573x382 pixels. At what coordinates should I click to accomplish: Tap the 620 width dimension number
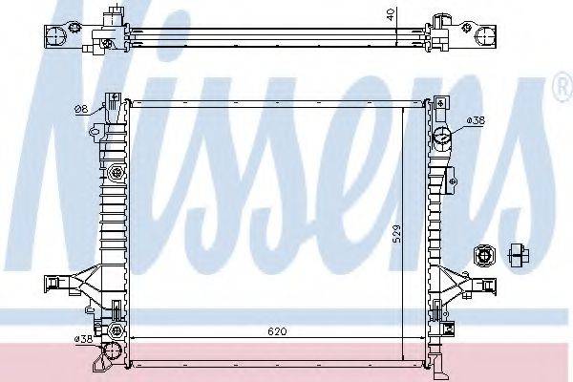point(277,332)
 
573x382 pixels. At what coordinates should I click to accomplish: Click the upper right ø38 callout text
point(476,121)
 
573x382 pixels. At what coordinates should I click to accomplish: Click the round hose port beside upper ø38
point(442,138)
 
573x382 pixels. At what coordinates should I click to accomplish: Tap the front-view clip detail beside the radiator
point(482,255)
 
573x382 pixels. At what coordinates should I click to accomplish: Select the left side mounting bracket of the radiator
point(65,283)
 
